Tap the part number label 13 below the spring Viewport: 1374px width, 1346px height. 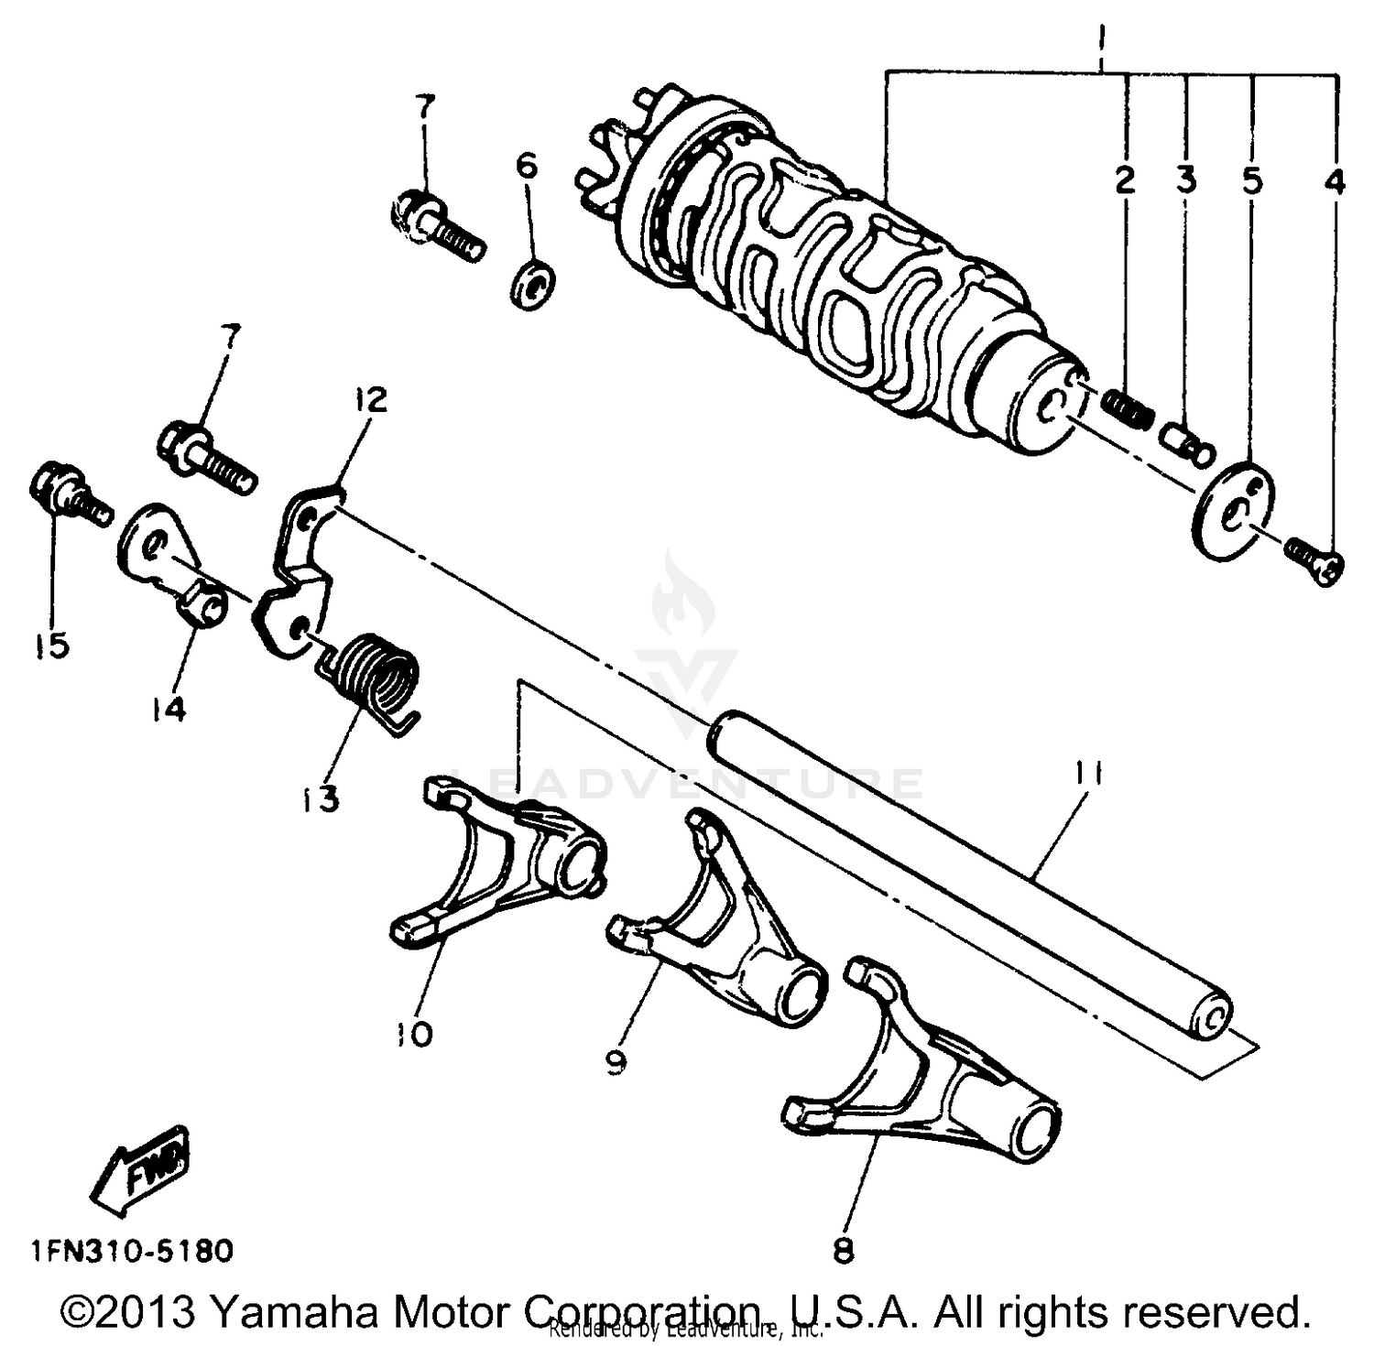pos(317,798)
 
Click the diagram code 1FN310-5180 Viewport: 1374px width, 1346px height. pos(131,1249)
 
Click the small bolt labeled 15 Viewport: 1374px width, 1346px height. pos(64,494)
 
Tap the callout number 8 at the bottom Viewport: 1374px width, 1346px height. pos(843,1250)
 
